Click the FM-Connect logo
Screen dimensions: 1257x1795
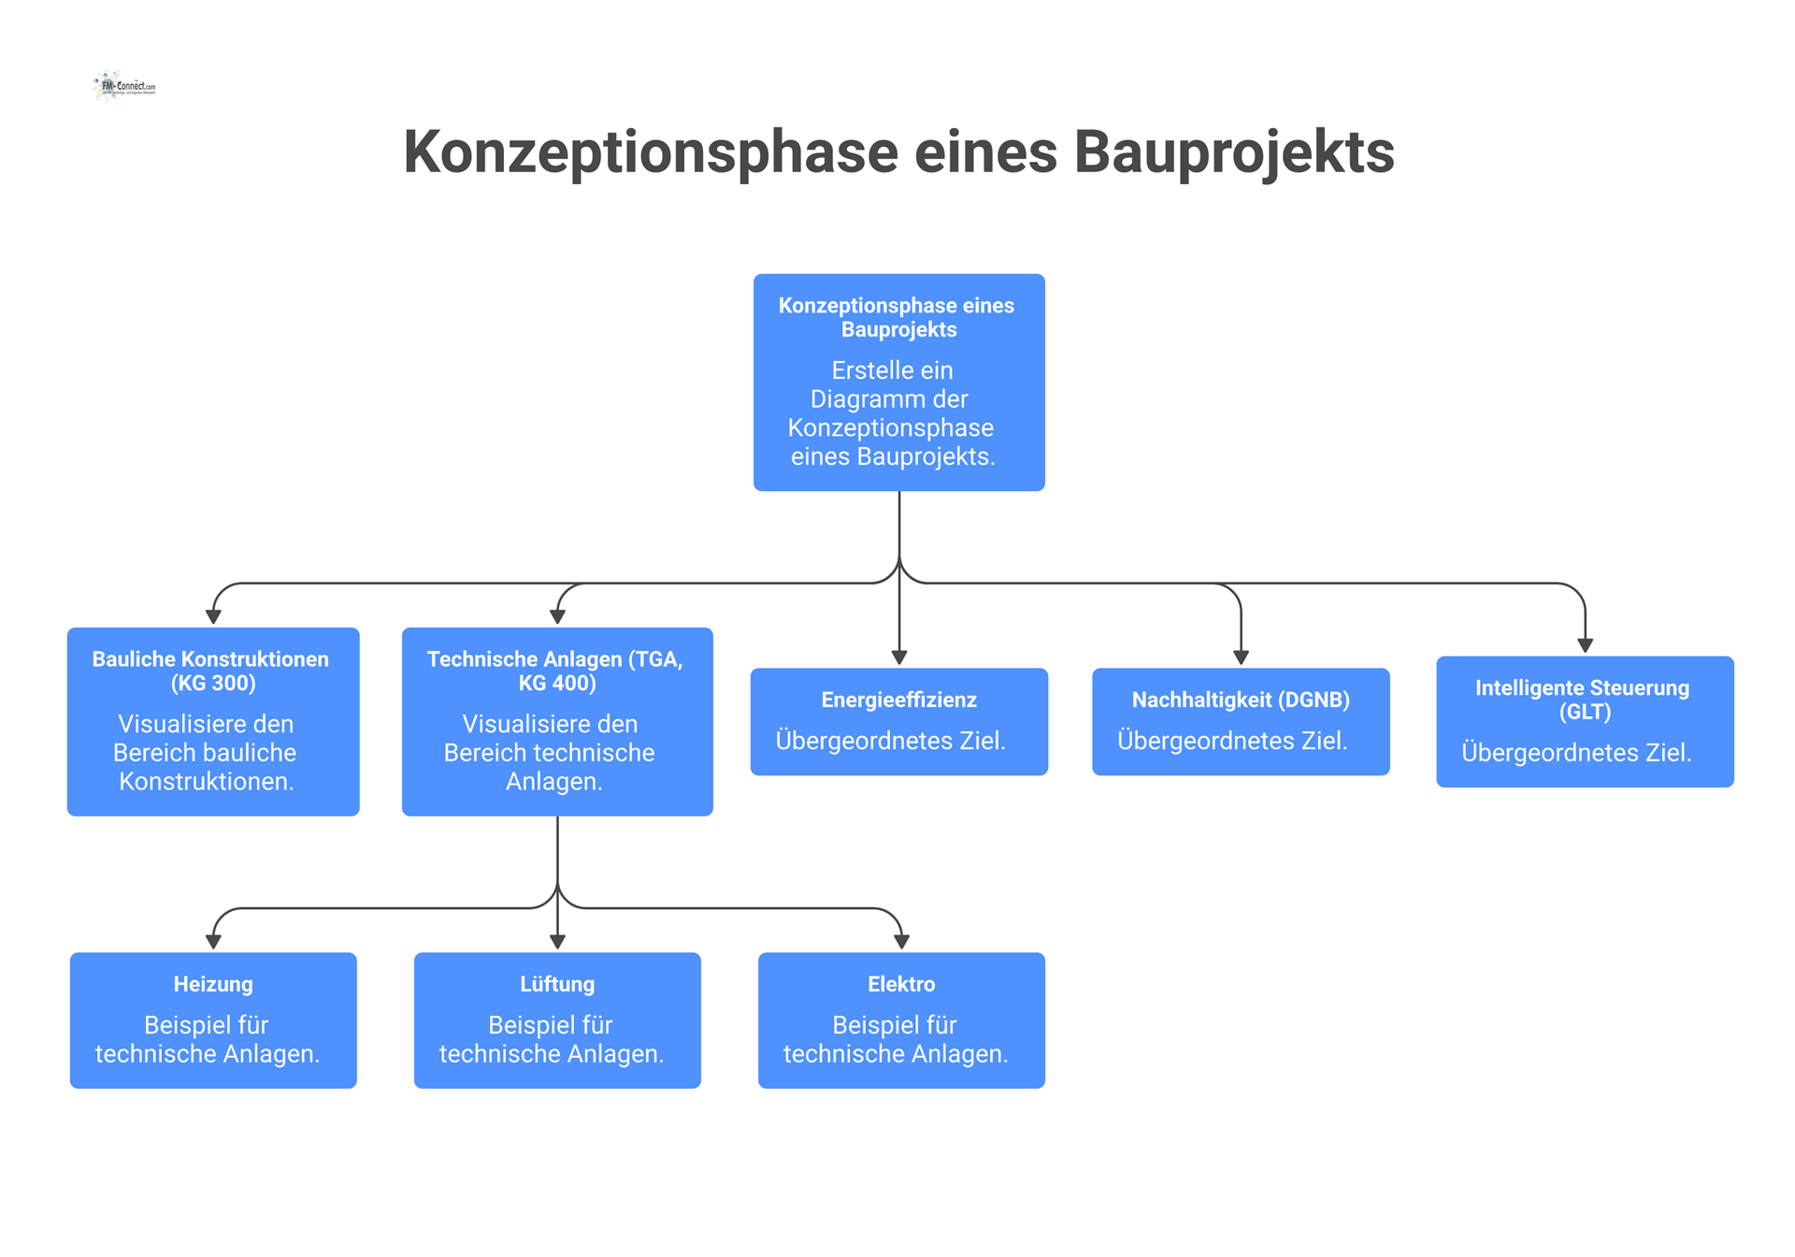[125, 86]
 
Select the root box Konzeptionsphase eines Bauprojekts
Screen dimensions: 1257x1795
[898, 382]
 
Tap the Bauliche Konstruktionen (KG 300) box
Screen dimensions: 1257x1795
[213, 721]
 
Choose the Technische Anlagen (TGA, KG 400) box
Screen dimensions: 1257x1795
[557, 721]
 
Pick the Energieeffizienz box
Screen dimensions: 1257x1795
[898, 721]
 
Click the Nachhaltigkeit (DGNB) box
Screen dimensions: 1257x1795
[1241, 721]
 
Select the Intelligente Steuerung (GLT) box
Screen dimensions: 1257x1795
[1585, 721]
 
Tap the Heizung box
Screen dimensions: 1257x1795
[213, 1019]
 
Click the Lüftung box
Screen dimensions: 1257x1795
[557, 1019]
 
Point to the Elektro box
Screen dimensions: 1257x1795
[901, 1019]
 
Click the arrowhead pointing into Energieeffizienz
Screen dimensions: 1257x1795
[899, 657]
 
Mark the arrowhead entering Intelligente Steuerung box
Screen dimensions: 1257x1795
[1585, 645]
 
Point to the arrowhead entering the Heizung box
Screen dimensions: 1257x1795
[213, 942]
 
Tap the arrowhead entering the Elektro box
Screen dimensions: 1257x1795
[901, 942]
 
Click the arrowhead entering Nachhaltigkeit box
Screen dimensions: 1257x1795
[1241, 657]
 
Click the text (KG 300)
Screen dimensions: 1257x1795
[213, 684]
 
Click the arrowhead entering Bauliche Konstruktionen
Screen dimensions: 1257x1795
[213, 617]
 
